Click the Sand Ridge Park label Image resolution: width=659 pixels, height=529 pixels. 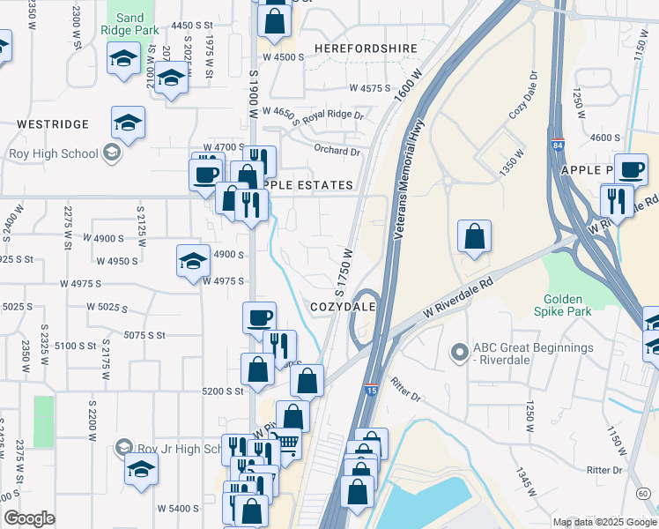[130, 24]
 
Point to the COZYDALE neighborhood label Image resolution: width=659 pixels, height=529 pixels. [344, 306]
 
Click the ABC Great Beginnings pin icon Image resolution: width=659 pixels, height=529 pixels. [458, 354]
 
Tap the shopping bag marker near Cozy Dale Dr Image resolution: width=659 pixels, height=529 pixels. [474, 236]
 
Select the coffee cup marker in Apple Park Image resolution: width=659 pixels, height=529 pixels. [630, 169]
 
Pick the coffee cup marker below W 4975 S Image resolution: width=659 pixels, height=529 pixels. [259, 317]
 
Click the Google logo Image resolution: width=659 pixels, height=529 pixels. [29, 518]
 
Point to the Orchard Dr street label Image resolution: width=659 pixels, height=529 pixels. [338, 150]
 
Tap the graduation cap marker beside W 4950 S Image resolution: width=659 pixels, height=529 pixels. [193, 260]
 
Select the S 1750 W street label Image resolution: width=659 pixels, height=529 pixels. [343, 271]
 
